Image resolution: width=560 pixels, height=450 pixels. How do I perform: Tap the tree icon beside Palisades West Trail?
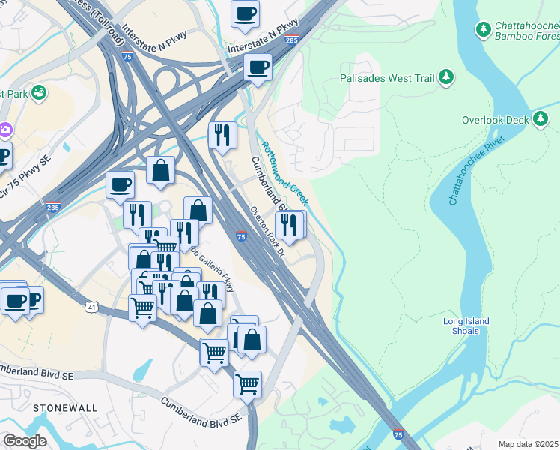(x=446, y=76)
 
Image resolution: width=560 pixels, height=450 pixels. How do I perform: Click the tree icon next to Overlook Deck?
(x=541, y=119)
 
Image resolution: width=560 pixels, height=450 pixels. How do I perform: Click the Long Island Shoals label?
(x=466, y=327)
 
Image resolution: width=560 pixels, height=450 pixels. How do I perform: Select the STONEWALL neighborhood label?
(x=65, y=407)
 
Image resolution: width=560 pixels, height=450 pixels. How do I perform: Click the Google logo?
(x=25, y=442)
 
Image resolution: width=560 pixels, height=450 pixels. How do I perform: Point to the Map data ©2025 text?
(x=528, y=444)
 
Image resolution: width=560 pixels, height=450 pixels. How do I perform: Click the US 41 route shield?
(x=91, y=307)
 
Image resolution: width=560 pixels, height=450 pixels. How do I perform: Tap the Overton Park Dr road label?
(x=267, y=233)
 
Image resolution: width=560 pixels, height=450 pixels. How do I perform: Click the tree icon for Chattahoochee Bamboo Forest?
(x=484, y=30)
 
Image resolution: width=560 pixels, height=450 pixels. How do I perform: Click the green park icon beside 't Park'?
(x=39, y=93)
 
